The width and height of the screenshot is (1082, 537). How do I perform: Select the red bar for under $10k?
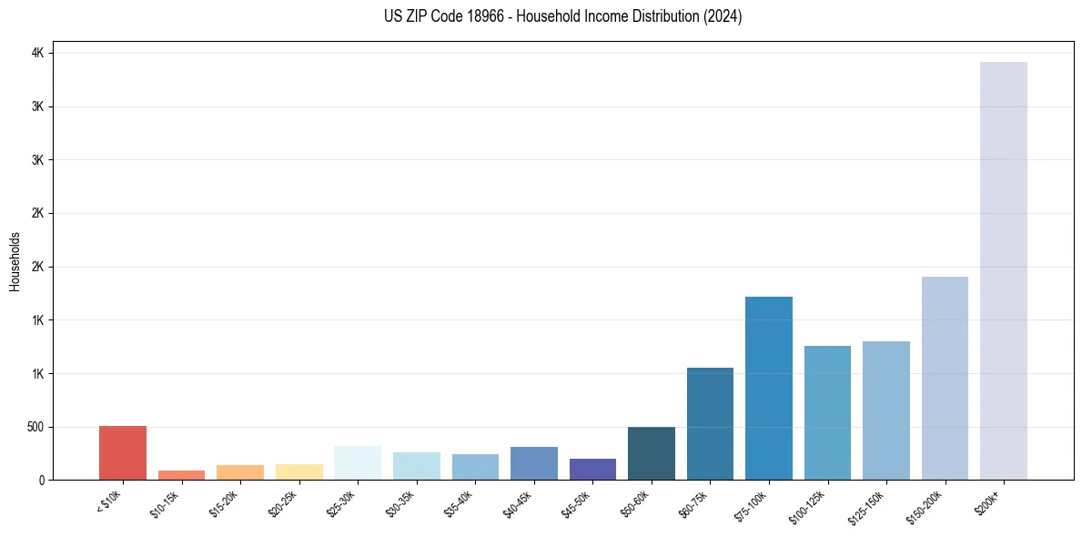pos(123,452)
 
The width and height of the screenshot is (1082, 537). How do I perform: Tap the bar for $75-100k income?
pos(769,388)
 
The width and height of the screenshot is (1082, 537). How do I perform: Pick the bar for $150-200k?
pos(945,378)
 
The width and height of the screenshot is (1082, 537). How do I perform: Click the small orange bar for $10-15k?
pos(181,475)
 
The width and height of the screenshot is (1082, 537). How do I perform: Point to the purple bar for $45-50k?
pos(592,469)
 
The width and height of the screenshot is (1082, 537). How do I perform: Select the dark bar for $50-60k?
pos(652,453)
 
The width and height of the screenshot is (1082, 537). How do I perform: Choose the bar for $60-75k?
pos(710,423)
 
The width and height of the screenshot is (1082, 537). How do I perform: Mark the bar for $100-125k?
pos(827,412)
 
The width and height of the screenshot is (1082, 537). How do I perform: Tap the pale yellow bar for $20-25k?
pos(298,471)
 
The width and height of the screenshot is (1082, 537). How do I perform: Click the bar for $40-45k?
pos(534,463)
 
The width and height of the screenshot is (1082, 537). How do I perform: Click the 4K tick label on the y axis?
pos(37,54)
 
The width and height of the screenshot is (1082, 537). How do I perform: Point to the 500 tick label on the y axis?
pos(34,427)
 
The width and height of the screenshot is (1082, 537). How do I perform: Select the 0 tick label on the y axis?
pos(41,481)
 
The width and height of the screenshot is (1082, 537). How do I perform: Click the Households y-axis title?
pos(15,261)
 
